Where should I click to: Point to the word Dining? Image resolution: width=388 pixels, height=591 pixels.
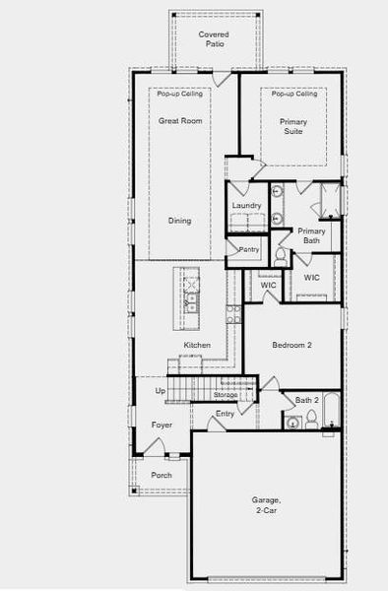179,221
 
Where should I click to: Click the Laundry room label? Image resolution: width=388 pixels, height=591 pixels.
246,205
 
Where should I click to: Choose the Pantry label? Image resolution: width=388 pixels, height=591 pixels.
249,250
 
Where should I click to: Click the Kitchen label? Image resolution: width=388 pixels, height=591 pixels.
197,345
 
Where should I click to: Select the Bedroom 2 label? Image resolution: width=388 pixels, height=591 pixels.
291,345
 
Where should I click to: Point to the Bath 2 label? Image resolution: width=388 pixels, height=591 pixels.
306,400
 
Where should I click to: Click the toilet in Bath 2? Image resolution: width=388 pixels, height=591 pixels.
311,420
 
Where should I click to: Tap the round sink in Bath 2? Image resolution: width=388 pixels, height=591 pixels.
292,423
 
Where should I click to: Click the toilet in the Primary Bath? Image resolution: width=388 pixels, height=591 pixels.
282,257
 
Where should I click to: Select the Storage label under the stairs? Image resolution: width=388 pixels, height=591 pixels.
226,394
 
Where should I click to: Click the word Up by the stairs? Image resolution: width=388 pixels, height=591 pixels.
161,391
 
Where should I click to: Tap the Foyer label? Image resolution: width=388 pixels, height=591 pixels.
162,425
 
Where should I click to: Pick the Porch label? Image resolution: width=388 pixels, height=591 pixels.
161,475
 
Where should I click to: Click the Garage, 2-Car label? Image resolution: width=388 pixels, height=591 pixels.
267,505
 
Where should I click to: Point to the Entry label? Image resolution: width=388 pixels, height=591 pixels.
226,414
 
